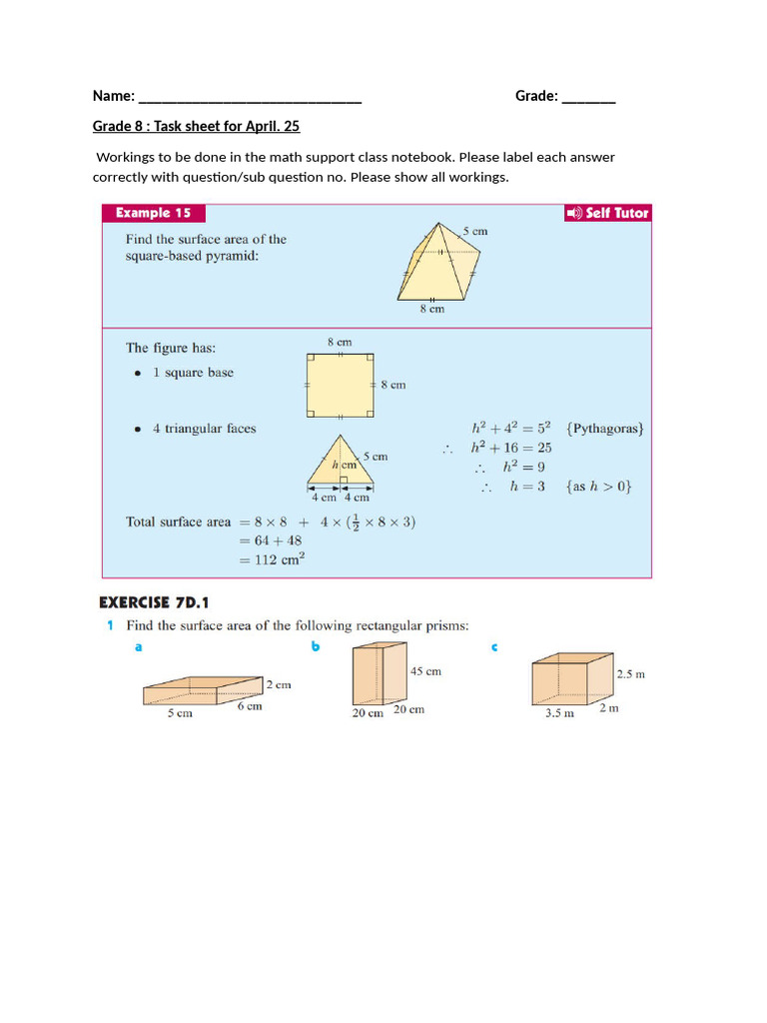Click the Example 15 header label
[153, 213]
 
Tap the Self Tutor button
[607, 213]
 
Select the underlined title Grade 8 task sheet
[196, 126]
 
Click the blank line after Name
[250, 98]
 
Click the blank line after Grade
[588, 98]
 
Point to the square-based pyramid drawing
[437, 262]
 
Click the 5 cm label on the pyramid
[474, 231]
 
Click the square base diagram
[341, 385]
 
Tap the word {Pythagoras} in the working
[605, 429]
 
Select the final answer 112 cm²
[272, 559]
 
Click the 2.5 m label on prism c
[630, 674]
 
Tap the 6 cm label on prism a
[250, 706]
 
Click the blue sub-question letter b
[316, 647]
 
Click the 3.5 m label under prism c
[559, 714]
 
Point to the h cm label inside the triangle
[344, 466]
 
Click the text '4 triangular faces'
[204, 429]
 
